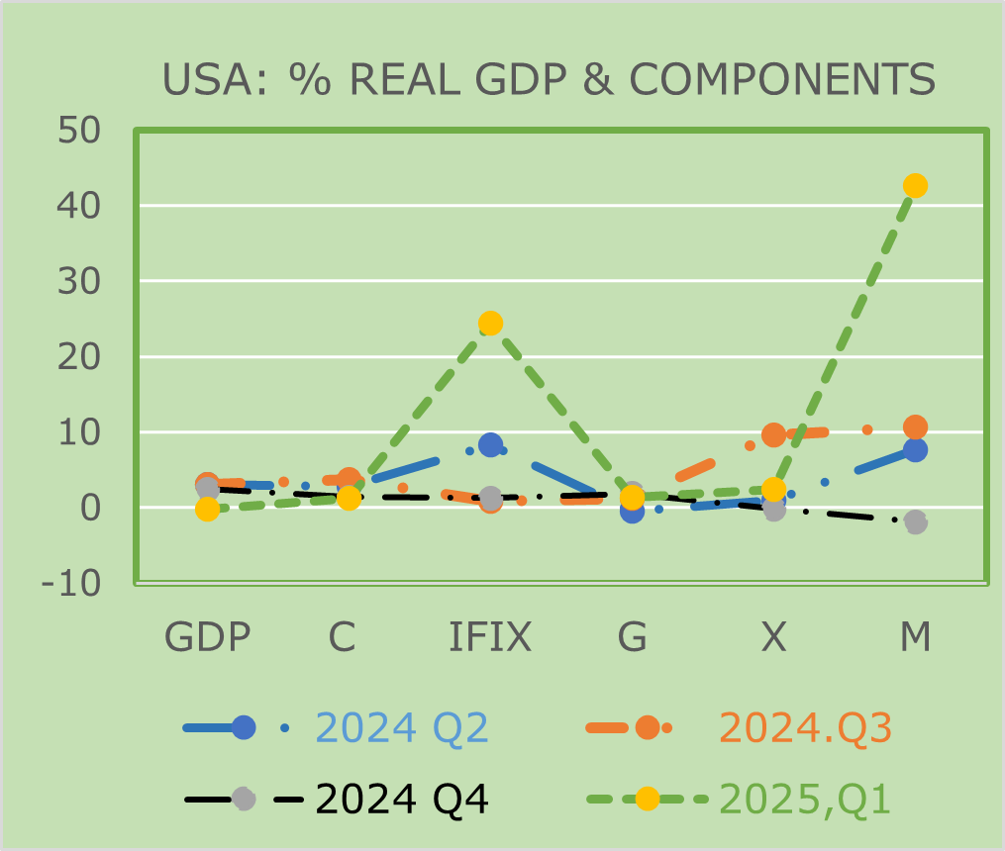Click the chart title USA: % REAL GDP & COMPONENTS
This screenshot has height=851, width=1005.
(x=549, y=79)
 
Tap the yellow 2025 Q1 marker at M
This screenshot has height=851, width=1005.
(x=915, y=185)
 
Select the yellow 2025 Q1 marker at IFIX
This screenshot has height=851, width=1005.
(x=490, y=324)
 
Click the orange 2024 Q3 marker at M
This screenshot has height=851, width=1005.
(x=915, y=427)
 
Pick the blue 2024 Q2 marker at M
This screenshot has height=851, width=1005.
(x=915, y=449)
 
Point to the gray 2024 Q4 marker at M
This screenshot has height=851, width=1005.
(x=915, y=521)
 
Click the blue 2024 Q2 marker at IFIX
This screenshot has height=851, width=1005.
(x=490, y=445)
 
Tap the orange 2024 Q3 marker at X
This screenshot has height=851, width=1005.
(x=773, y=434)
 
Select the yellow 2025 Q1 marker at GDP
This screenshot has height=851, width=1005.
(x=207, y=509)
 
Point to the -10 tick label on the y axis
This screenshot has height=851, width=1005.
(x=71, y=584)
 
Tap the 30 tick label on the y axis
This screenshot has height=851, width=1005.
(x=78, y=282)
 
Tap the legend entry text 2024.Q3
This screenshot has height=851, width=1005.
(x=805, y=728)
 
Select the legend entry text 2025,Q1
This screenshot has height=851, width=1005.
(x=805, y=799)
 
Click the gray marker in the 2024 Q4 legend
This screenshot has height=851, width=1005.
(x=244, y=799)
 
